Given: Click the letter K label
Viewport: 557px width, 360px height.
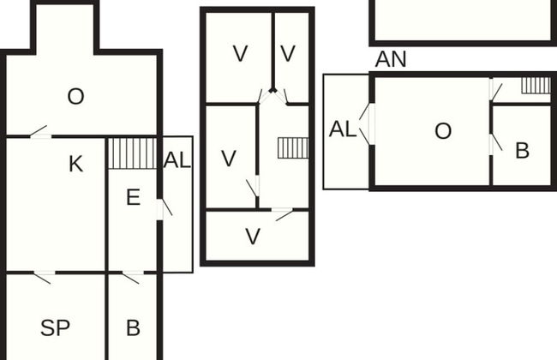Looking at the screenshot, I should pyautogui.click(x=75, y=164).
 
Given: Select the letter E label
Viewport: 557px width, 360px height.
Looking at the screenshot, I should pyautogui.click(x=133, y=198).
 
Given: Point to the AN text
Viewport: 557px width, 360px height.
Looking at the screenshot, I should pyautogui.click(x=391, y=59).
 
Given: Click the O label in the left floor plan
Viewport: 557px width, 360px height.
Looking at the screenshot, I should pyautogui.click(x=75, y=97).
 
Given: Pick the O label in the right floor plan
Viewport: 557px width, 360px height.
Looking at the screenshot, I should pyautogui.click(x=442, y=131).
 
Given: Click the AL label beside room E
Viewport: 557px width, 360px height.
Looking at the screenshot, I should pyautogui.click(x=177, y=159).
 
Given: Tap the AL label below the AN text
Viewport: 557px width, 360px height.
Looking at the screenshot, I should pyautogui.click(x=342, y=129).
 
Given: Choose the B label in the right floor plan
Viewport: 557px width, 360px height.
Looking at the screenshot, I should pyautogui.click(x=522, y=150).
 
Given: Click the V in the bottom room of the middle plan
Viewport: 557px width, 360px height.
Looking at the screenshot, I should pyautogui.click(x=252, y=237).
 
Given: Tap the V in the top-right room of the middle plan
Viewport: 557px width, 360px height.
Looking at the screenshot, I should pyautogui.click(x=288, y=54).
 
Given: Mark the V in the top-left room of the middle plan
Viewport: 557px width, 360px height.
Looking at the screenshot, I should pyautogui.click(x=240, y=54).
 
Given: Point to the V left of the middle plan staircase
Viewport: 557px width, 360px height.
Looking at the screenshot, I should pyautogui.click(x=228, y=159).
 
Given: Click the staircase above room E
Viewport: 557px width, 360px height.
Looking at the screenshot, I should pyautogui.click(x=133, y=153).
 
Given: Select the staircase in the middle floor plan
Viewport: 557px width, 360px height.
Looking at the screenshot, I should pyautogui.click(x=293, y=148).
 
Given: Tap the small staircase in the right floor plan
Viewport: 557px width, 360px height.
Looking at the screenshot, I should pyautogui.click(x=536, y=85).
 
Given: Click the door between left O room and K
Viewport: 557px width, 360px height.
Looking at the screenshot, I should pyautogui.click(x=39, y=133).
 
